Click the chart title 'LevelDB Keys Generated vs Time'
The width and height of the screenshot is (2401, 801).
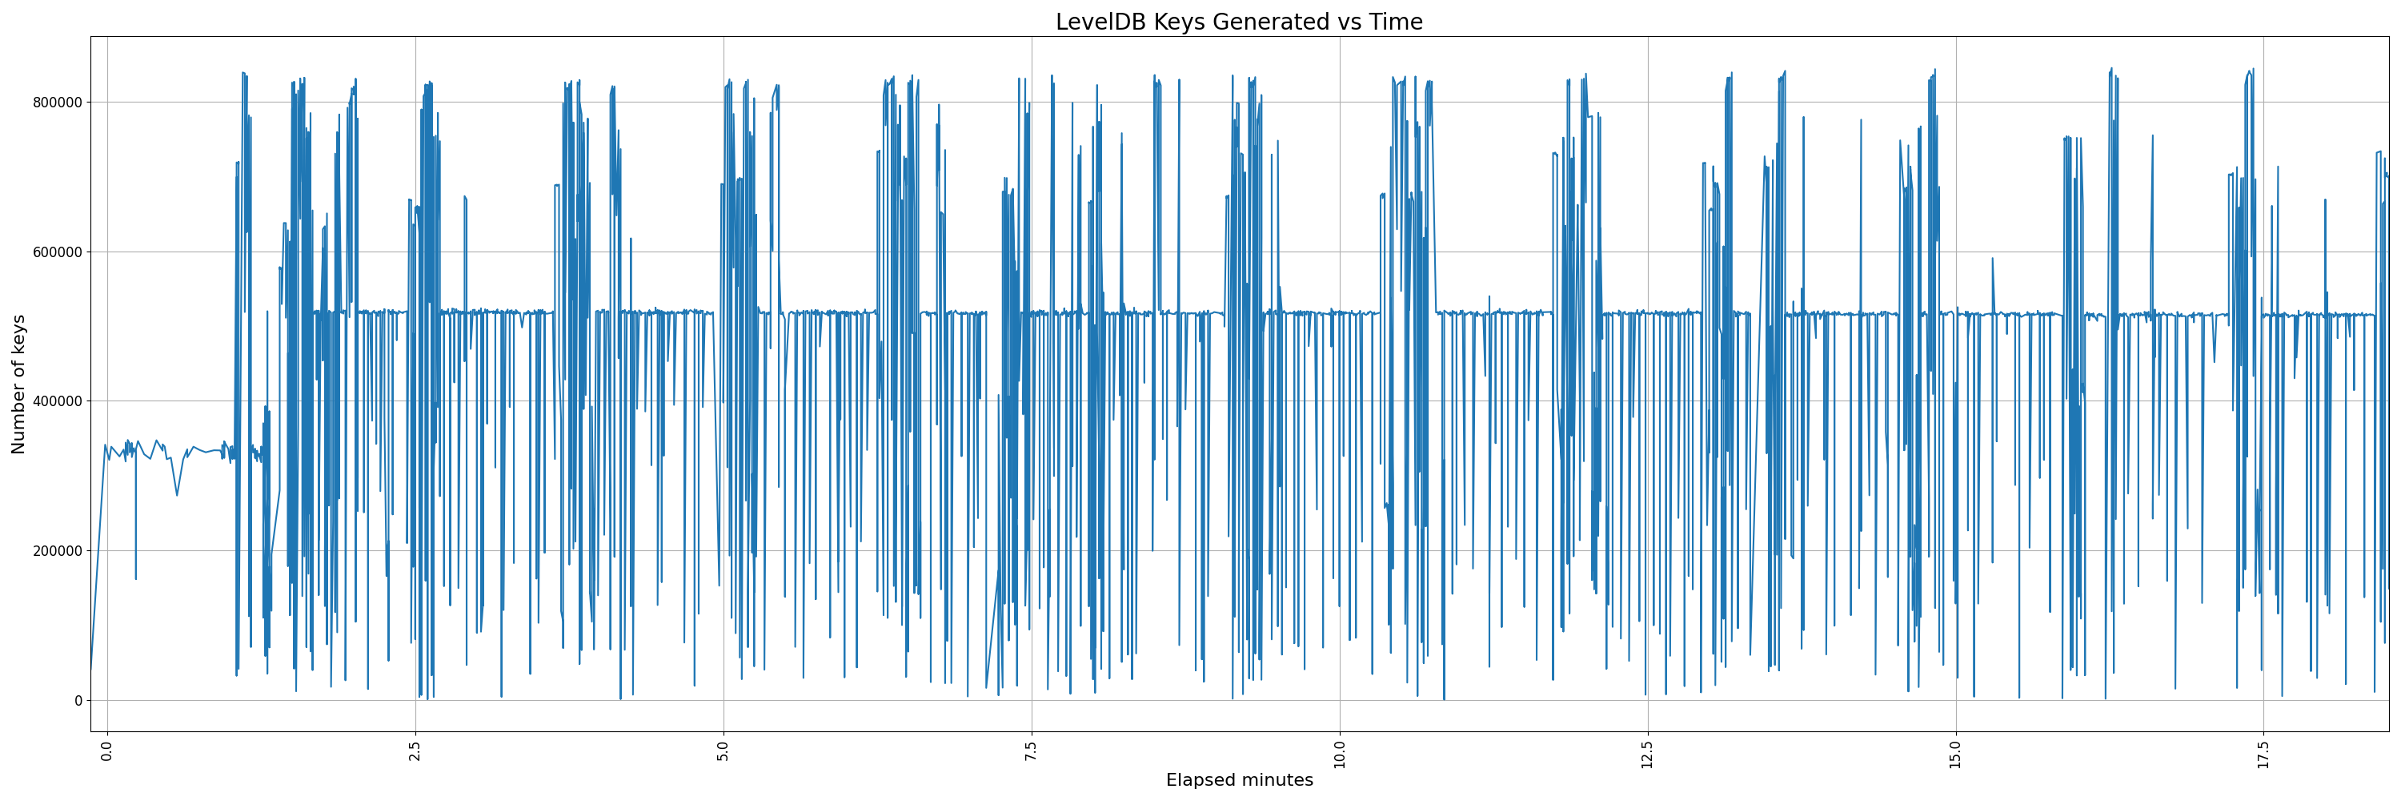(1239, 22)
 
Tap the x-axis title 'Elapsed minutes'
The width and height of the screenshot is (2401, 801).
(1239, 780)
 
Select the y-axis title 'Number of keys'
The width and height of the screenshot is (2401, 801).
(18, 384)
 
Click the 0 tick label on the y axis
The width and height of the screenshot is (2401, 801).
(78, 700)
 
